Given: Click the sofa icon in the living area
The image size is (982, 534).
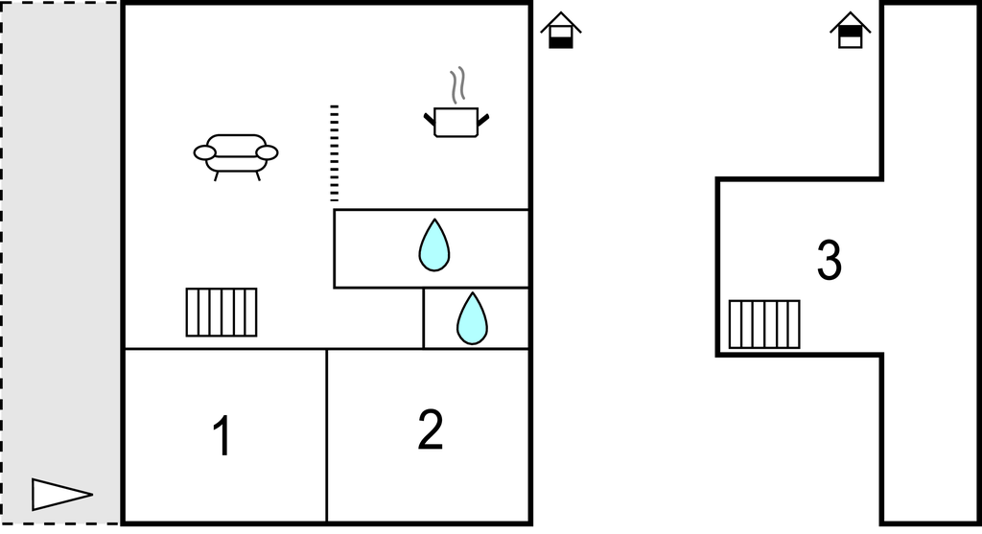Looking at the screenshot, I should pyautogui.click(x=236, y=153).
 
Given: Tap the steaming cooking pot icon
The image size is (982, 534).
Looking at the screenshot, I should pyautogui.click(x=456, y=121).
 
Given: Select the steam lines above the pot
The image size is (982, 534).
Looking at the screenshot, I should pyautogui.click(x=458, y=84).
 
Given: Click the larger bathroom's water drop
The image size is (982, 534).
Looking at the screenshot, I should pyautogui.click(x=434, y=245).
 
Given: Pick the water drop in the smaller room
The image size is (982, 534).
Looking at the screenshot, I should pyautogui.click(x=472, y=318).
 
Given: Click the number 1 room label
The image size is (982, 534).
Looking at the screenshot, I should pyautogui.click(x=222, y=436).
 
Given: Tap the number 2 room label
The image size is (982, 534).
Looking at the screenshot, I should pyautogui.click(x=431, y=430).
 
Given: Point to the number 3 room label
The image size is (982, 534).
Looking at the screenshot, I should pyautogui.click(x=830, y=261).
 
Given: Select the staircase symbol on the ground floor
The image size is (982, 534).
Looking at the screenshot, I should pyautogui.click(x=222, y=312).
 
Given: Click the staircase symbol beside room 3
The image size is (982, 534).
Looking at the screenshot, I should pyautogui.click(x=764, y=324).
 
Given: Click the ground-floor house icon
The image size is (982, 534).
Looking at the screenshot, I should pyautogui.click(x=561, y=30).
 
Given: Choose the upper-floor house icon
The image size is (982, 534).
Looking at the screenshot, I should pyautogui.click(x=850, y=30).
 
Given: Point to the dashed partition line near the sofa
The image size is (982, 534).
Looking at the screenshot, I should pyautogui.click(x=334, y=153).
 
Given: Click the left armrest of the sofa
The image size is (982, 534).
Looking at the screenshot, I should pyautogui.click(x=205, y=152).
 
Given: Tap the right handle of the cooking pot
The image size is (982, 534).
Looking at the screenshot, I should pyautogui.click(x=483, y=119).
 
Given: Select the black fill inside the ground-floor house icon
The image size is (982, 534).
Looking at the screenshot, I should pyautogui.click(x=561, y=40).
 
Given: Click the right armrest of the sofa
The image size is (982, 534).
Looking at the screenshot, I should pyautogui.click(x=268, y=152).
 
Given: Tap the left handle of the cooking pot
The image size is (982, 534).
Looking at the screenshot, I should pyautogui.click(x=429, y=119).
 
